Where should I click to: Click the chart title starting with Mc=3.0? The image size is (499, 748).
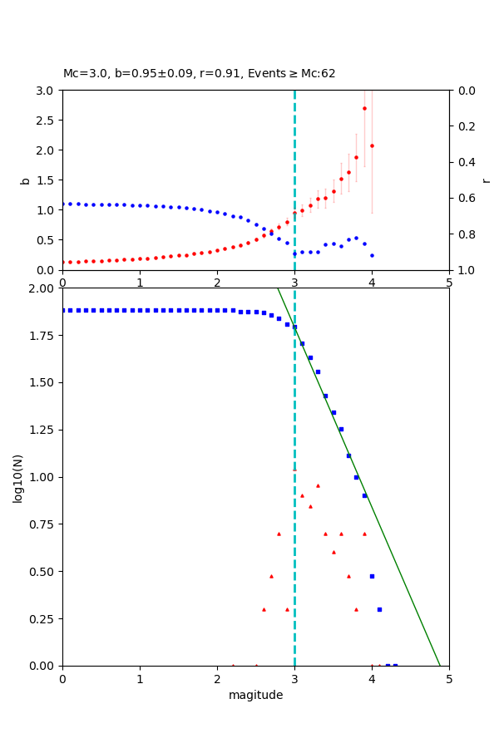click(200, 74)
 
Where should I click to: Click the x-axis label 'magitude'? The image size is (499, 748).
click(255, 695)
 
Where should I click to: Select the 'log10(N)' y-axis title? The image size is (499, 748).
click(17, 477)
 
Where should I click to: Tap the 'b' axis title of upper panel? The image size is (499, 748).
click(25, 180)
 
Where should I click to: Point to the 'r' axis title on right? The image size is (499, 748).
click(486, 180)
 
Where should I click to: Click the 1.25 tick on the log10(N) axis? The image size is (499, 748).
click(42, 430)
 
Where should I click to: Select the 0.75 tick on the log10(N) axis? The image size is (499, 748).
click(42, 524)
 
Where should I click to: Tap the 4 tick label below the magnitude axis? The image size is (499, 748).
click(372, 678)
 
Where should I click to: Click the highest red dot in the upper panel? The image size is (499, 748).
click(364, 108)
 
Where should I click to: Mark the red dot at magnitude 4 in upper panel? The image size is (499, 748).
click(372, 145)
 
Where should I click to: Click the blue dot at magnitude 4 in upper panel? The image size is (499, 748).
click(372, 255)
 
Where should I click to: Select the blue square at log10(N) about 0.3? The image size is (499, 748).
click(379, 609)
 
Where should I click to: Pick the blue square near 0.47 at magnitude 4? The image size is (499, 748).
click(372, 576)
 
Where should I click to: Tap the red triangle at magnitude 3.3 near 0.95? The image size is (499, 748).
click(318, 485)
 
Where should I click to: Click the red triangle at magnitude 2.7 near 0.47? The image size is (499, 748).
click(271, 576)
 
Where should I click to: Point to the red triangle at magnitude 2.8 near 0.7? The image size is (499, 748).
click(279, 534)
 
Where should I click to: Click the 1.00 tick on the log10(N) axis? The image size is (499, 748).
click(42, 477)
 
